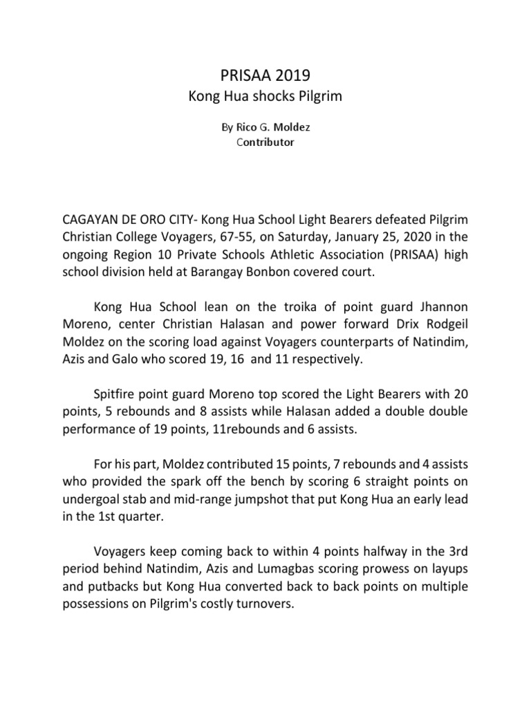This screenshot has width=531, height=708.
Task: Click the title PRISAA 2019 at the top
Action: click(265, 73)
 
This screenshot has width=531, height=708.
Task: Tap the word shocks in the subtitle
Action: click(267, 97)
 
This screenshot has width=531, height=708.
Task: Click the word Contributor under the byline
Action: click(265, 142)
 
